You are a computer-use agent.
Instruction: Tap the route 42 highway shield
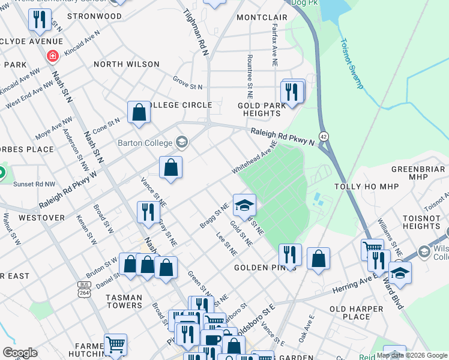click(x=324, y=136)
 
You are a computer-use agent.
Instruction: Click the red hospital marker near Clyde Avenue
click(x=53, y=56)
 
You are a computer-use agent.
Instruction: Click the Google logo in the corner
click(x=20, y=353)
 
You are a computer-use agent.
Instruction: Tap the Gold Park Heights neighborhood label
click(x=262, y=109)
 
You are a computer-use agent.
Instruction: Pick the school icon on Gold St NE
click(x=244, y=206)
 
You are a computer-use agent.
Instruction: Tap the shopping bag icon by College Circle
click(x=139, y=112)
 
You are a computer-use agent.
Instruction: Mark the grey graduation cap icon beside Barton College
click(x=182, y=143)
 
